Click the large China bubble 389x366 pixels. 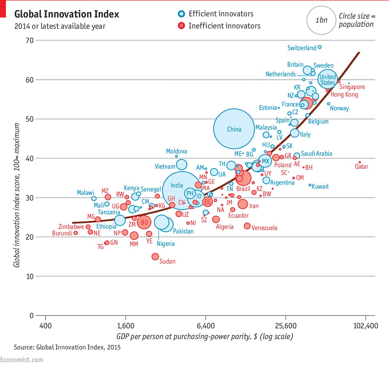(x=234, y=129)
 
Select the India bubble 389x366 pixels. (x=181, y=190)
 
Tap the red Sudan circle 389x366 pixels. (x=155, y=256)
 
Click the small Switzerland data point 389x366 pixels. (x=320, y=47)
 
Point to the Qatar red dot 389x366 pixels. (x=360, y=162)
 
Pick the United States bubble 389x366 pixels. (x=328, y=79)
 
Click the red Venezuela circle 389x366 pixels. (x=247, y=226)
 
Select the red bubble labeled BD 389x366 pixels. (x=144, y=222)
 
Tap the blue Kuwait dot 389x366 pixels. (x=310, y=185)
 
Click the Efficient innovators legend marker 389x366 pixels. (x=181, y=14)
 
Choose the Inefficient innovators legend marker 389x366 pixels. (x=181, y=26)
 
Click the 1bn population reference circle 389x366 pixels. (x=321, y=20)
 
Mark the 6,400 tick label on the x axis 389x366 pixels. (x=206, y=326)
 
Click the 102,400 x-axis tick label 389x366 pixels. (x=365, y=326)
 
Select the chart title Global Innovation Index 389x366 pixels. (x=67, y=14)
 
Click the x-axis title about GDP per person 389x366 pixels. (x=205, y=337)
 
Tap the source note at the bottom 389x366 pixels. (x=67, y=347)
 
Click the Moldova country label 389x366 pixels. (x=177, y=151)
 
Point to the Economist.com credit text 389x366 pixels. (x=22, y=359)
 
